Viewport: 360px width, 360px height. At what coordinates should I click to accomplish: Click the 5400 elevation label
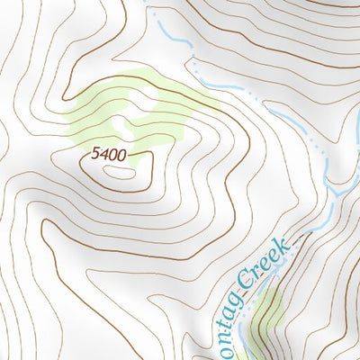coord(108,155)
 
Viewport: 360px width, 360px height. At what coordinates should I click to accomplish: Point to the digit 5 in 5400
coord(95,155)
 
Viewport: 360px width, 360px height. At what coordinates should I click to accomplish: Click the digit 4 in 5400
coord(103,155)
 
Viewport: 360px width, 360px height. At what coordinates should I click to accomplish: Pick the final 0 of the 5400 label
coord(121,155)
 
